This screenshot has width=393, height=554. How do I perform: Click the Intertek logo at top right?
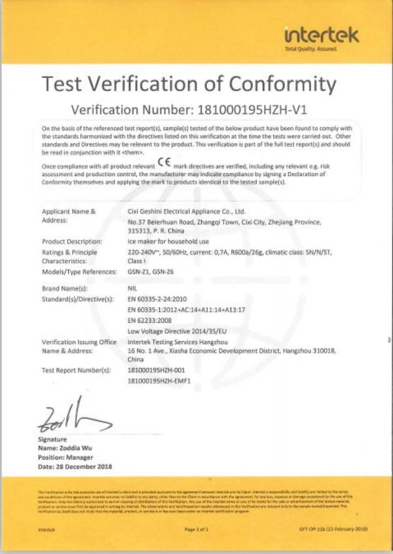[x=322, y=37]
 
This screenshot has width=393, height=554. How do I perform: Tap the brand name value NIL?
[x=133, y=287]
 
